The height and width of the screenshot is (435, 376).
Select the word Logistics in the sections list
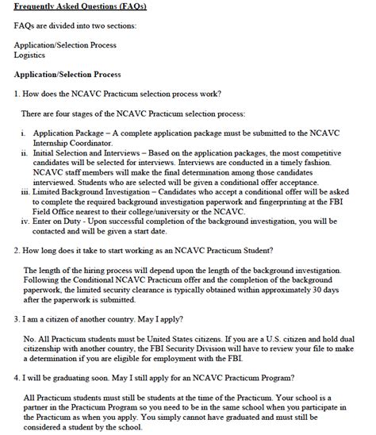coord(31,56)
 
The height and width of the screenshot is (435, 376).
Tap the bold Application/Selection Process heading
coord(67,74)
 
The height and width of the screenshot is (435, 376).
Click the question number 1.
coord(17,94)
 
